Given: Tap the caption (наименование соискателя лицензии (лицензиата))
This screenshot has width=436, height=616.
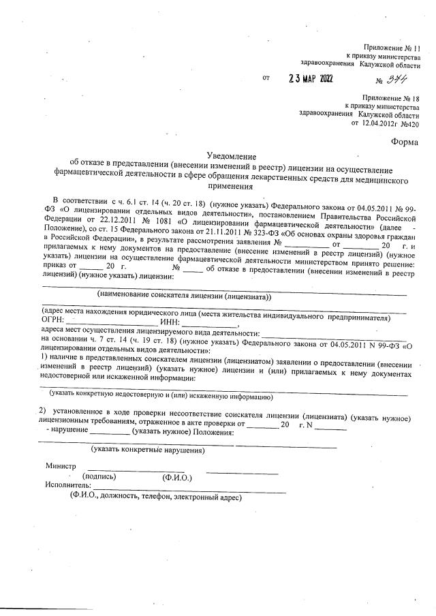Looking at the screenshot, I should [x=184, y=296].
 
